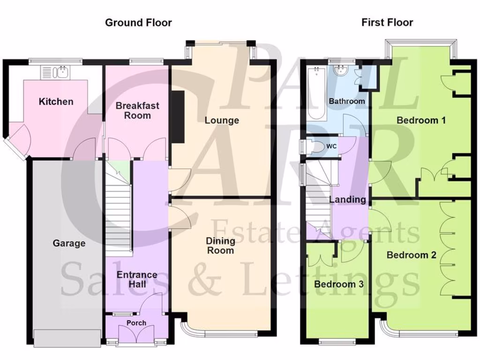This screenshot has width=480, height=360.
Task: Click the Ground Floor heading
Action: point(138,22)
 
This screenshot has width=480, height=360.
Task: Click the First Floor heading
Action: point(387,22)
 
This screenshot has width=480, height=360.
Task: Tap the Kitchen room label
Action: point(56,102)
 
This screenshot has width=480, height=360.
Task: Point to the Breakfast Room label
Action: point(137,111)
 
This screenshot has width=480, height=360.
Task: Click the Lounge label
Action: point(222,120)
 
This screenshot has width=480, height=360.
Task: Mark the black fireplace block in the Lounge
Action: point(177,116)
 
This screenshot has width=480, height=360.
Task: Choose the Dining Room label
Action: point(221,246)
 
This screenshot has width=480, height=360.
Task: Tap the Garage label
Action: point(69,243)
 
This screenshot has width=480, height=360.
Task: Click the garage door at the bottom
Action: point(67,338)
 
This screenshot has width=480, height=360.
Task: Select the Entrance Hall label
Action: point(137,279)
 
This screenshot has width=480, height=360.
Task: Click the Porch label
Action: point(136,323)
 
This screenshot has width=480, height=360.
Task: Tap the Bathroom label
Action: point(346,101)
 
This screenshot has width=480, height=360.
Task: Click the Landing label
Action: point(347,200)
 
